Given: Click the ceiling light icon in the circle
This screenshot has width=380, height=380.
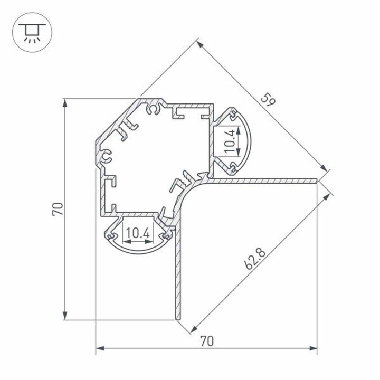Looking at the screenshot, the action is tap(32, 32).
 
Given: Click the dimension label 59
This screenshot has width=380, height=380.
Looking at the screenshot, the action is tap(268, 99).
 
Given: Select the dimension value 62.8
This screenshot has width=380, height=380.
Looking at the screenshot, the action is tap(255, 259).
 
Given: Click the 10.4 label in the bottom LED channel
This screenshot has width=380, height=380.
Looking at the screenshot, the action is tap(138, 233).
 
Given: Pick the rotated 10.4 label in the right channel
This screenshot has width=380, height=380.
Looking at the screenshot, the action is tap(229, 141).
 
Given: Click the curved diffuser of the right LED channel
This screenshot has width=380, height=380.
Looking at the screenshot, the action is tap(245, 140).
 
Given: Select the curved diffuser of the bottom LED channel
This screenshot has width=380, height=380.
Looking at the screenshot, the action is tap(138, 250).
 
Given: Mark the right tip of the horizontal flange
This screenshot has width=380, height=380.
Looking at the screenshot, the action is tap(317, 180).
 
